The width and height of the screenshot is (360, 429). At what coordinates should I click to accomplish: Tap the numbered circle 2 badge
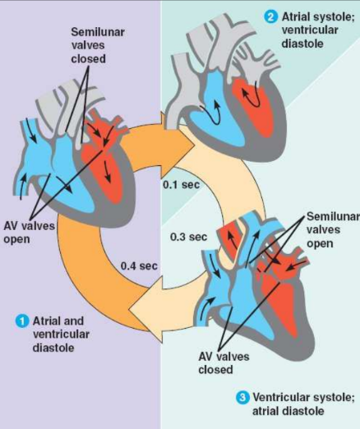point(271,16)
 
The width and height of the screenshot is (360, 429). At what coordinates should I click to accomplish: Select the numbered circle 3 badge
point(242,398)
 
